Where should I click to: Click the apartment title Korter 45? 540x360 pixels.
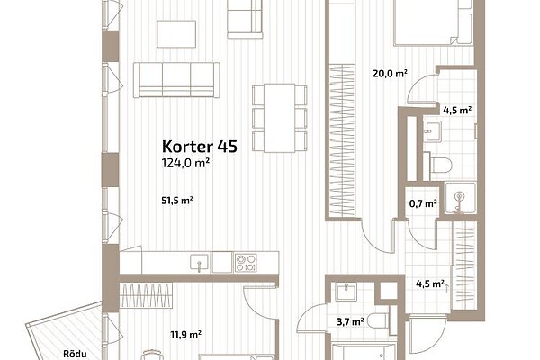point(200,147)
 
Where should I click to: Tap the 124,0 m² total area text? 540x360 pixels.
point(186,163)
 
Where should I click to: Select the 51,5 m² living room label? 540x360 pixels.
point(177,201)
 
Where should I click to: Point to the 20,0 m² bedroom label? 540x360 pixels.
point(391,74)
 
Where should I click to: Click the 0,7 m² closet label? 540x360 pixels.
point(423,203)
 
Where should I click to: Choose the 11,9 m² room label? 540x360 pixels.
point(186,334)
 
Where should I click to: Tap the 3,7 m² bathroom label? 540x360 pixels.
point(350,322)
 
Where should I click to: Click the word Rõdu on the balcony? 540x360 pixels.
point(75,354)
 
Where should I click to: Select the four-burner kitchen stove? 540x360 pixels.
point(246,263)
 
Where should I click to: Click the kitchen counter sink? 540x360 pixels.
point(200,263)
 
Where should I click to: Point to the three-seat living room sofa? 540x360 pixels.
point(176,80)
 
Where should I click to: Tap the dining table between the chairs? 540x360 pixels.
point(279,118)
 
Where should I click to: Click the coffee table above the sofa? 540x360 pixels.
point(176,34)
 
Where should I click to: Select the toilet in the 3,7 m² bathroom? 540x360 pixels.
point(379,321)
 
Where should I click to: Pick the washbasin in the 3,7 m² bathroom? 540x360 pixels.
point(345,292)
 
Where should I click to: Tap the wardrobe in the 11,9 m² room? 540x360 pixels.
point(146,295)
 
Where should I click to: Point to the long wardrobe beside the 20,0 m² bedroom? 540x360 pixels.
point(342,141)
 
